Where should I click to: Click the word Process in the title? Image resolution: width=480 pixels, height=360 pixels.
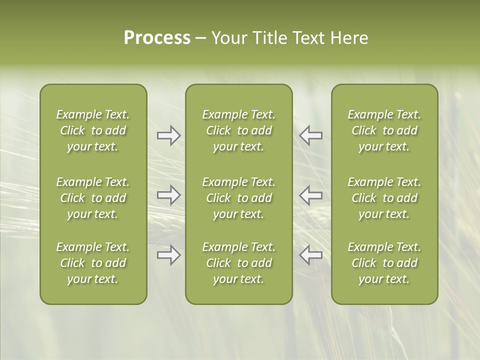pos(157,38)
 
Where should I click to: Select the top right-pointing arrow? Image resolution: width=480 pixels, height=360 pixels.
pos(168,135)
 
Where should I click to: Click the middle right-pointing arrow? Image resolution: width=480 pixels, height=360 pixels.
pos(168,195)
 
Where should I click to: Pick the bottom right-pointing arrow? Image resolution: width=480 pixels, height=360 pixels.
pos(168,254)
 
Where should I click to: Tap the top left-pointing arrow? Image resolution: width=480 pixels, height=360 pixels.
pos(311,135)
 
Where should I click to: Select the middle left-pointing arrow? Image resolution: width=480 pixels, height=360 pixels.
pos(311,195)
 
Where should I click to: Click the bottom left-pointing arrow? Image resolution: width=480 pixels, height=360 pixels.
pos(311,254)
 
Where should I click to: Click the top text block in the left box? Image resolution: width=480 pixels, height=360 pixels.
pos(93,130)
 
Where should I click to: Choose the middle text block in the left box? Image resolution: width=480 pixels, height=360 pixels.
pos(93,198)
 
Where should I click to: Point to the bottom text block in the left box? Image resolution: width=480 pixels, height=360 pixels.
pos(93,263)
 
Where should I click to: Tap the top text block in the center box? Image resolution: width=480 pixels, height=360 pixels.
pos(238,130)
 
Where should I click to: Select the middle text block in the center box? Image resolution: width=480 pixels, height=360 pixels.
pos(238,198)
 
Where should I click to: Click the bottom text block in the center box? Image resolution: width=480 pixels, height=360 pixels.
pos(238,263)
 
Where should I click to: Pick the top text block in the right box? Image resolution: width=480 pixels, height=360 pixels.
pos(384,130)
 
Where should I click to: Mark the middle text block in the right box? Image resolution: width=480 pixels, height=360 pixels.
pos(384,198)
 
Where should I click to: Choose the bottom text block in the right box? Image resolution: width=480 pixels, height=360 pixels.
pos(384,263)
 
